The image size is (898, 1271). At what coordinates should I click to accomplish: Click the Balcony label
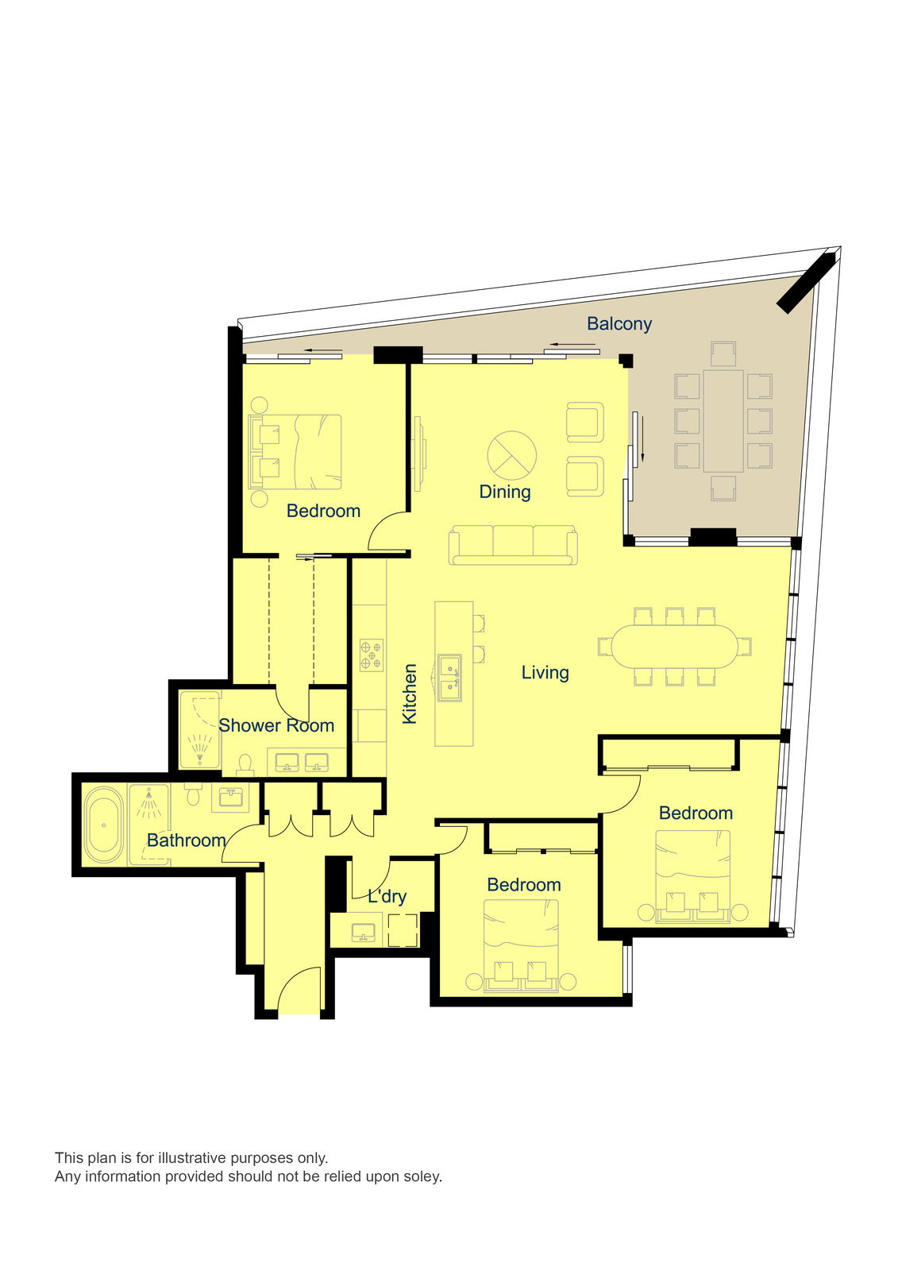click(x=619, y=323)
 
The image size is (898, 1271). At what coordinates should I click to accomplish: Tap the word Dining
click(x=505, y=492)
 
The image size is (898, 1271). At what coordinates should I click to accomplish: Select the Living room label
click(x=545, y=672)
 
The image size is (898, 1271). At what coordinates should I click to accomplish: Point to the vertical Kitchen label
click(x=409, y=693)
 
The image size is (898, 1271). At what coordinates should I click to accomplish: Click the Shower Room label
click(x=276, y=725)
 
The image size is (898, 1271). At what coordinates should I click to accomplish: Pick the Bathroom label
click(x=186, y=840)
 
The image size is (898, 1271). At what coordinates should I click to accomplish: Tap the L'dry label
click(x=387, y=897)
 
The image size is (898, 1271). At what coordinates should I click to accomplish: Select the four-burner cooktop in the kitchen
click(x=372, y=655)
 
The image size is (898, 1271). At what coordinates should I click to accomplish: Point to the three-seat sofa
click(x=513, y=545)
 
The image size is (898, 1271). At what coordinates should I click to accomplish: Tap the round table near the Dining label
click(x=511, y=455)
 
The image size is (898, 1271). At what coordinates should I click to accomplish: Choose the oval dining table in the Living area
click(x=675, y=647)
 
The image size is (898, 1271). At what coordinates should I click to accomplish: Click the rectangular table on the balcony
click(x=723, y=421)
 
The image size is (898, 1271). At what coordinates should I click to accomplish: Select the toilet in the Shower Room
click(x=245, y=764)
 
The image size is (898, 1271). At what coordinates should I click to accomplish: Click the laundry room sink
click(x=363, y=933)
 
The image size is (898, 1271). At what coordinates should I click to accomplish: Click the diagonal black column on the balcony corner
click(x=806, y=283)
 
